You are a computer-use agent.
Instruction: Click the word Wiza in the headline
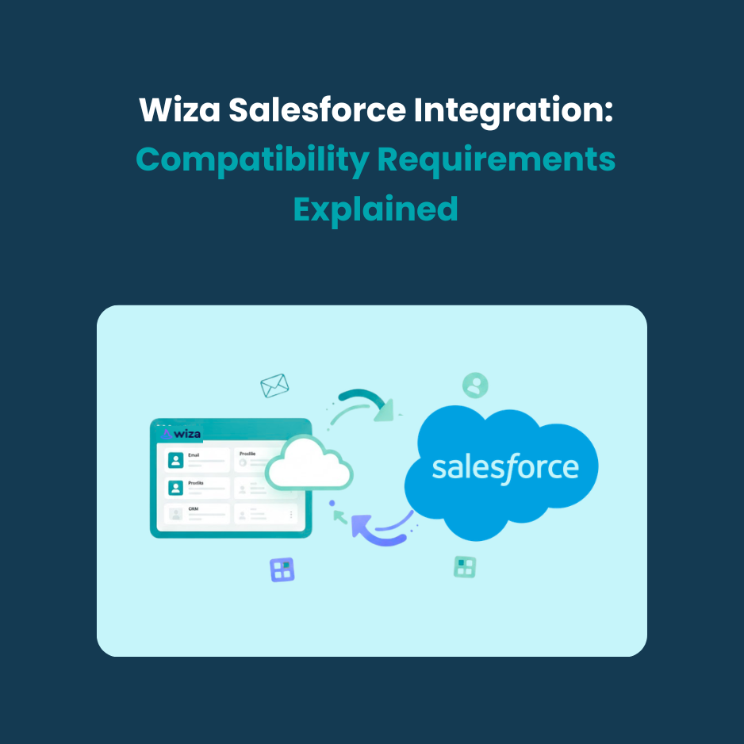180,110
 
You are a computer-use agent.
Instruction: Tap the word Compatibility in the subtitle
252,159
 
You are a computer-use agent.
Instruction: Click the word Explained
375,209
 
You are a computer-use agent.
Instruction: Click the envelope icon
274,385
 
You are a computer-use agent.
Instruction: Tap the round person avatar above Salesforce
475,385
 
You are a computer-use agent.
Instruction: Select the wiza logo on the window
182,433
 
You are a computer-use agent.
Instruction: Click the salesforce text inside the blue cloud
505,467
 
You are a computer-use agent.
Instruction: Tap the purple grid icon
282,570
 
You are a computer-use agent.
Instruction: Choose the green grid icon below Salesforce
465,566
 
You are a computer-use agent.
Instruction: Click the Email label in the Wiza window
194,454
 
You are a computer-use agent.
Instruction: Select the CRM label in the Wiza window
194,508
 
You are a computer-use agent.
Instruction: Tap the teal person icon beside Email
175,461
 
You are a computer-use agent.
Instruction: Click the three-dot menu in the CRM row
291,515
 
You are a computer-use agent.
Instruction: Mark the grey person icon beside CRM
175,514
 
